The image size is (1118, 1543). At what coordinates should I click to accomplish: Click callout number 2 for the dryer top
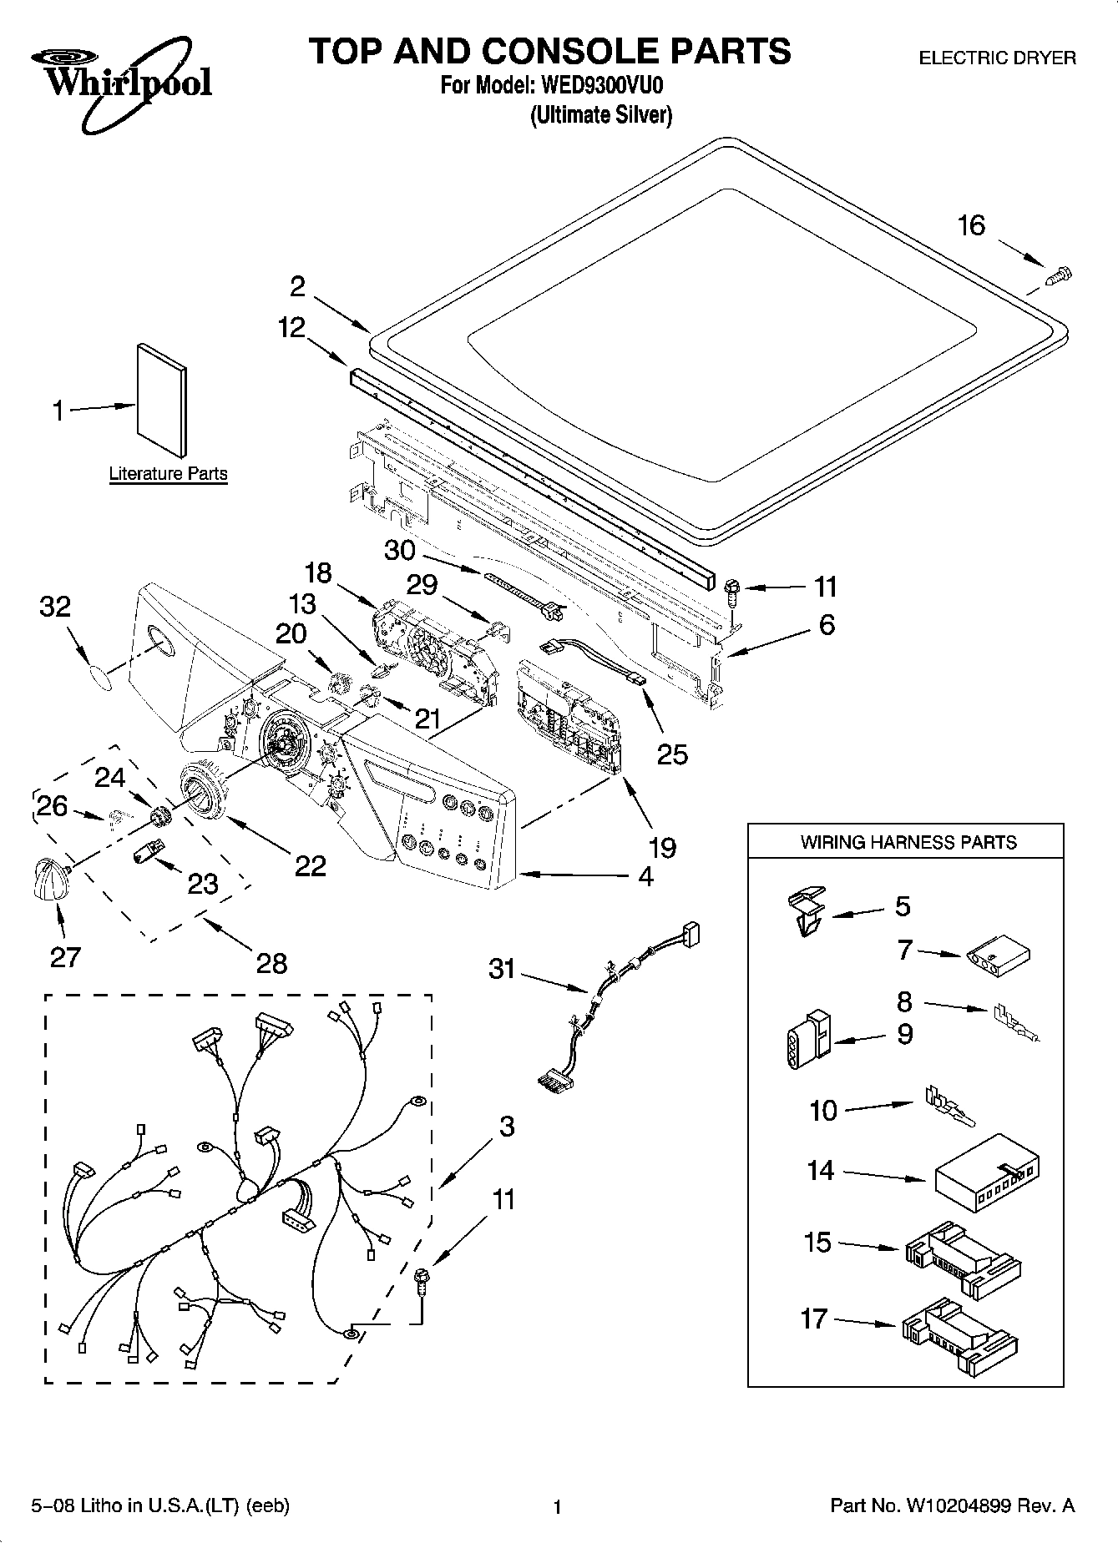coord(297,287)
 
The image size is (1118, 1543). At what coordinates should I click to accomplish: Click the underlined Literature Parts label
coord(168,474)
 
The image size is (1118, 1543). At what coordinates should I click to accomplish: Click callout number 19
coord(662,848)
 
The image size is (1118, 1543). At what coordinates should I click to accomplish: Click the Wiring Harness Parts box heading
coord(908,842)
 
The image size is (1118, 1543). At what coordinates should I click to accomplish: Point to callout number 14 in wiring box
coord(820,1170)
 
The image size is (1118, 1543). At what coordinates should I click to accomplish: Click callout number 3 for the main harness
coord(507,1127)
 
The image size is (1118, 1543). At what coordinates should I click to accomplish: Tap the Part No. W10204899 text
coord(952,1505)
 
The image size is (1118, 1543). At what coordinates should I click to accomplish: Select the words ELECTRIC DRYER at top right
coord(997,58)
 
